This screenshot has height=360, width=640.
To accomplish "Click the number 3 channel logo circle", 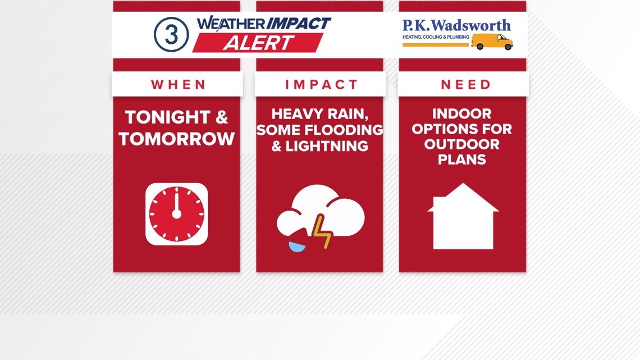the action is (x=171, y=35).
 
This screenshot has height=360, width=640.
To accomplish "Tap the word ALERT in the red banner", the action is (x=258, y=43).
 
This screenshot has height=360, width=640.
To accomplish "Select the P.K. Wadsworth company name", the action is (x=456, y=25).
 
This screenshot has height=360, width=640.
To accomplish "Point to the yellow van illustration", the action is (x=492, y=42).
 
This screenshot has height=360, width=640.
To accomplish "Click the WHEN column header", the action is (x=179, y=84).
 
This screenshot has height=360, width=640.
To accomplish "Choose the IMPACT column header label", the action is (x=321, y=84).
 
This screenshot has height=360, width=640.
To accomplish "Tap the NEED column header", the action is (x=466, y=84).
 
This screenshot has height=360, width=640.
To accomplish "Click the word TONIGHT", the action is (x=168, y=117).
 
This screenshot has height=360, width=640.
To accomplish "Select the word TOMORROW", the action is (x=177, y=139).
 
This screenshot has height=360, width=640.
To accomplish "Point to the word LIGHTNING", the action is (x=327, y=146).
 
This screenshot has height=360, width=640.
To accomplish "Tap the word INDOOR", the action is (x=461, y=113).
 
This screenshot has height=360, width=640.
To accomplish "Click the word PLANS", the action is (x=461, y=159).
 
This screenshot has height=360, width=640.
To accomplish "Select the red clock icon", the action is (x=177, y=214).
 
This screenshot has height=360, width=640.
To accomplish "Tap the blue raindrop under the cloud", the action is (x=297, y=247).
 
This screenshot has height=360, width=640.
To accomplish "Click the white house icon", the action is (x=463, y=216).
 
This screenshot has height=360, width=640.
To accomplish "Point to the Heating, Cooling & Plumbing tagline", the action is (x=436, y=37).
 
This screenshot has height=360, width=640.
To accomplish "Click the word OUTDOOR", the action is (x=461, y=144).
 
